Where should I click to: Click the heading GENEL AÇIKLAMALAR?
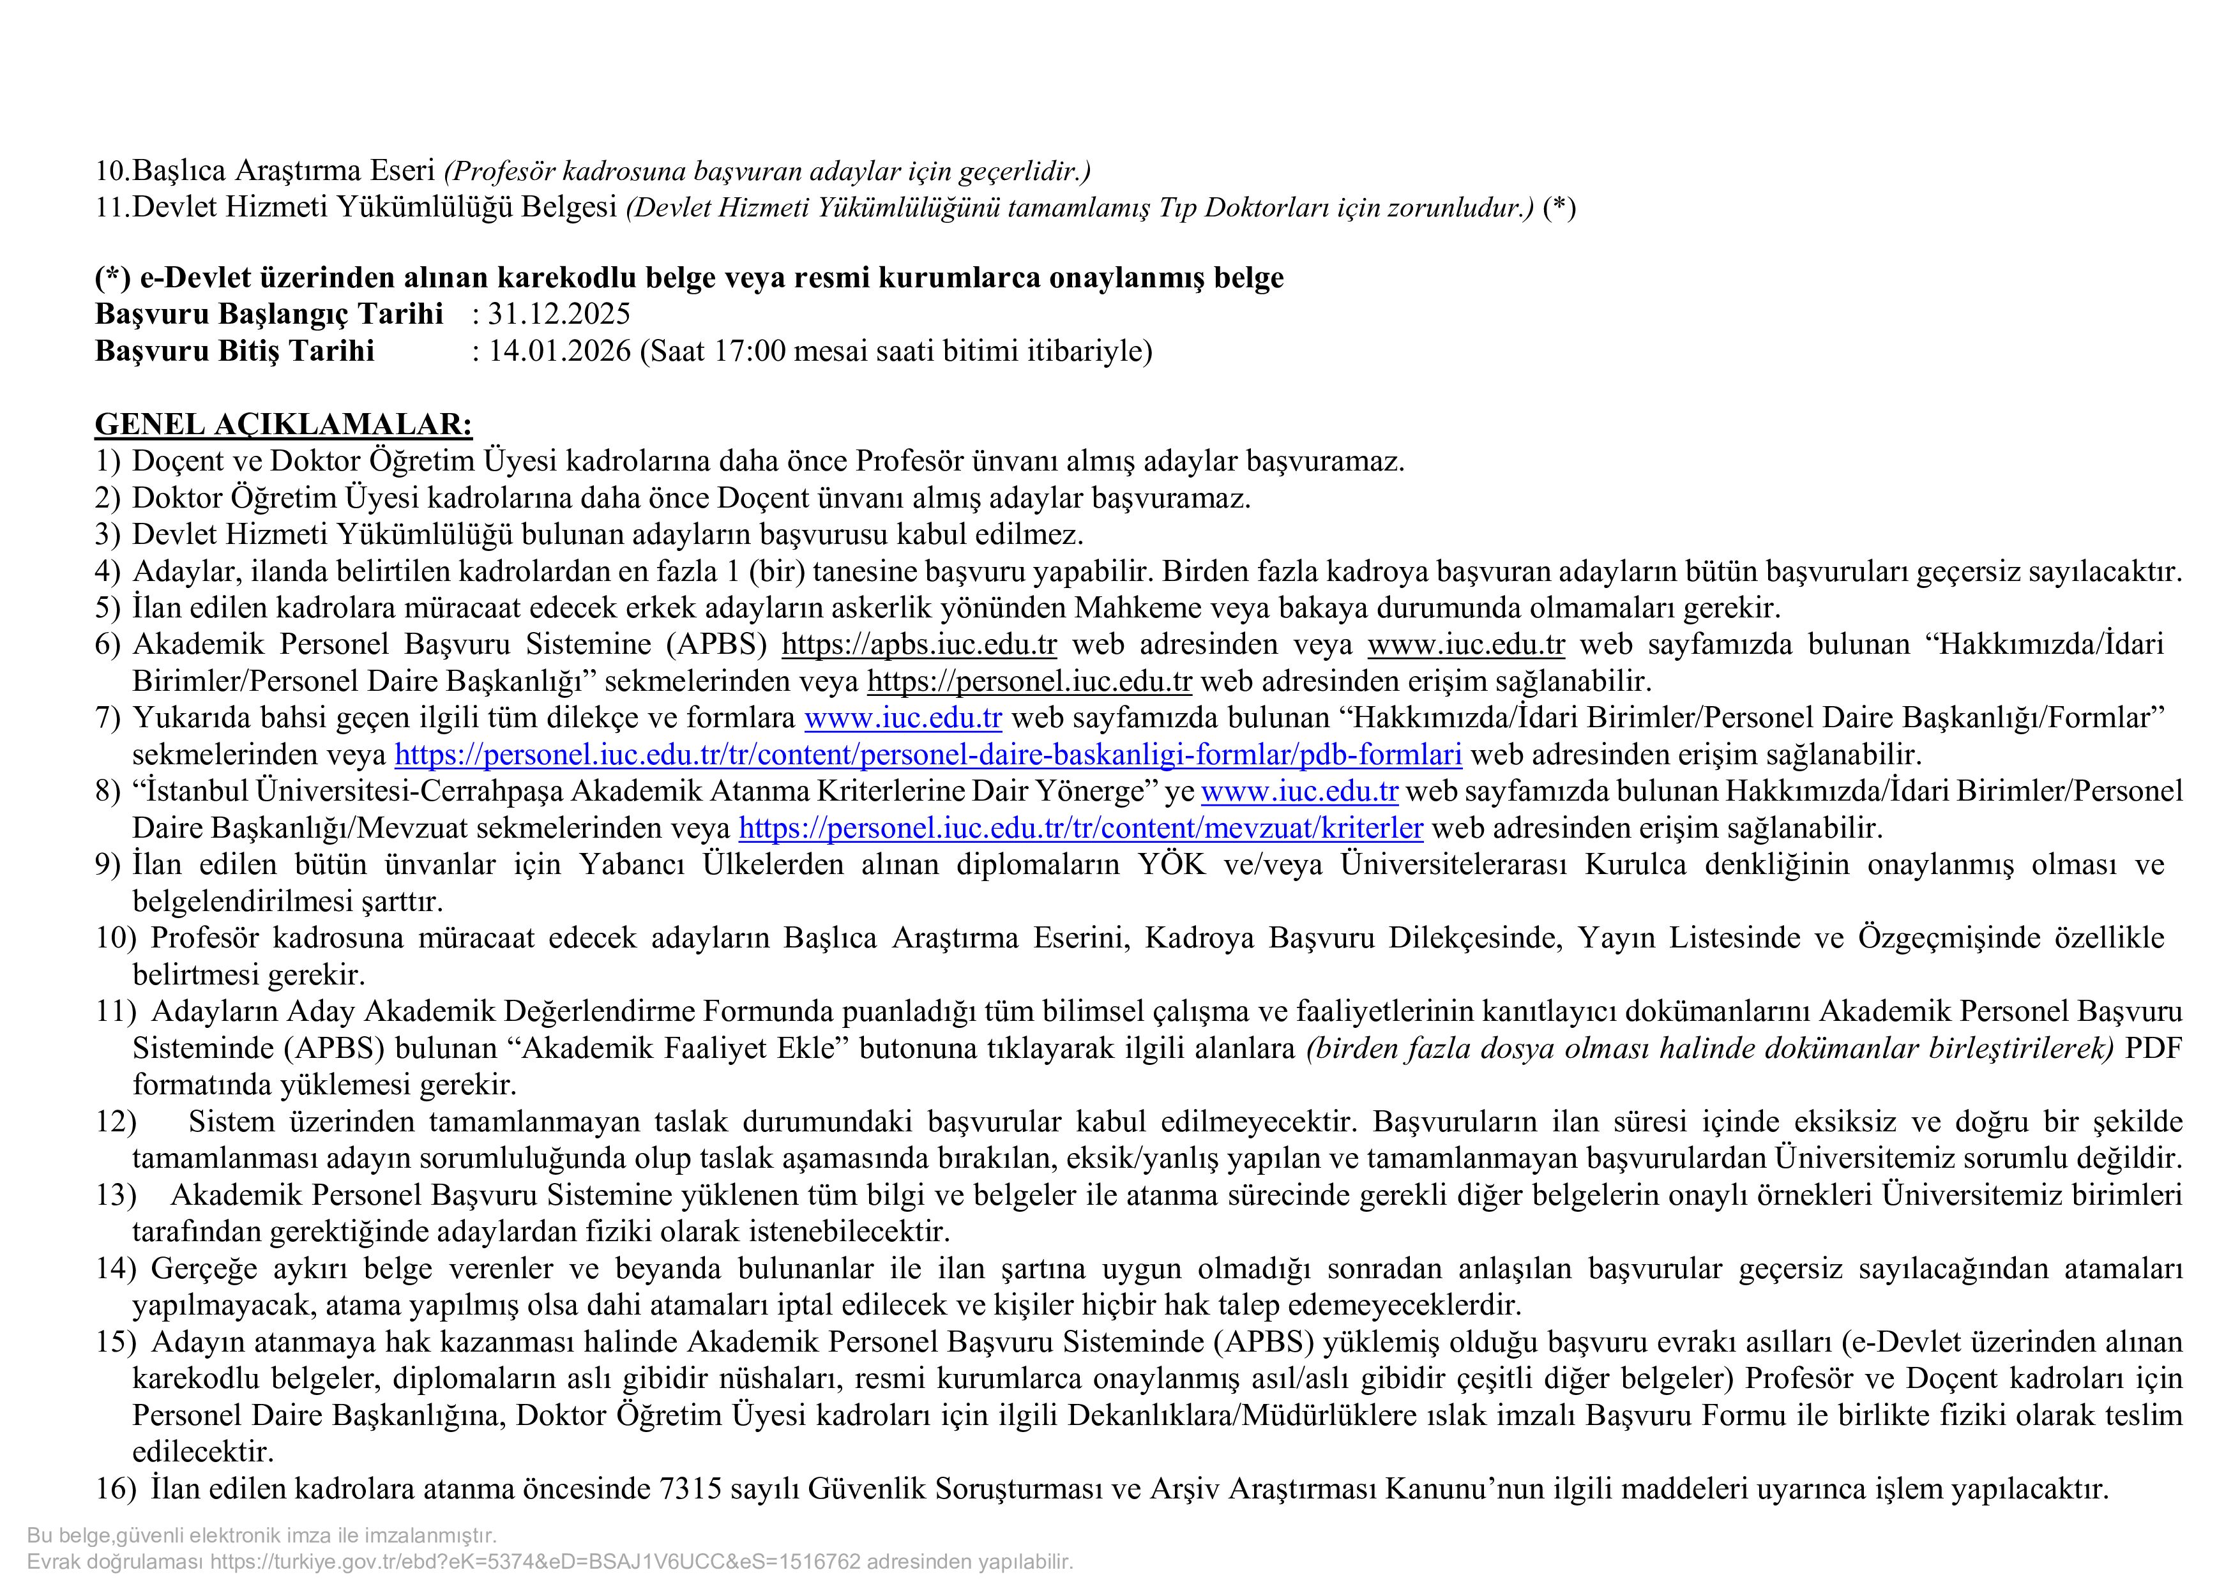[x=283, y=425]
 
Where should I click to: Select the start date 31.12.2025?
[x=559, y=314]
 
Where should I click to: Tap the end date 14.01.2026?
[x=559, y=351]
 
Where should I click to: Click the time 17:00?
[x=749, y=351]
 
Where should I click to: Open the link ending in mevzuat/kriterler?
[x=1080, y=828]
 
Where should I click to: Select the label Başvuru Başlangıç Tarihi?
[x=268, y=314]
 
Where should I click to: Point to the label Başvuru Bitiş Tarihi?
[x=234, y=351]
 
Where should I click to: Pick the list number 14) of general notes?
[x=115, y=1269]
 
